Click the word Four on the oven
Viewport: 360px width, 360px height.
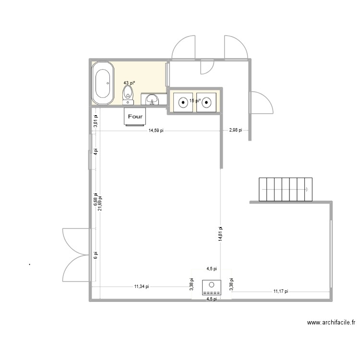135,116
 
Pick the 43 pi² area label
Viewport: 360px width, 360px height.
129,83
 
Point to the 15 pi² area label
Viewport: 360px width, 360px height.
194,101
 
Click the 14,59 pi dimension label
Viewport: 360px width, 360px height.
156,130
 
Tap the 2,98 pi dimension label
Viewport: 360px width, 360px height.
235,130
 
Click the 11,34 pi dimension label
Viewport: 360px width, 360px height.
142,287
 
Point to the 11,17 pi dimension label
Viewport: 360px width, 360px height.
281,291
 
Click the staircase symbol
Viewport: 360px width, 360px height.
285,190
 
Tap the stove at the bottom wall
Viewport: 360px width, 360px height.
211,288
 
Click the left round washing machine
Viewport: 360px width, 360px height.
182,102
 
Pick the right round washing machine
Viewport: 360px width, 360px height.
206,102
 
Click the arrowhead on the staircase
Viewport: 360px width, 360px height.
306,190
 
